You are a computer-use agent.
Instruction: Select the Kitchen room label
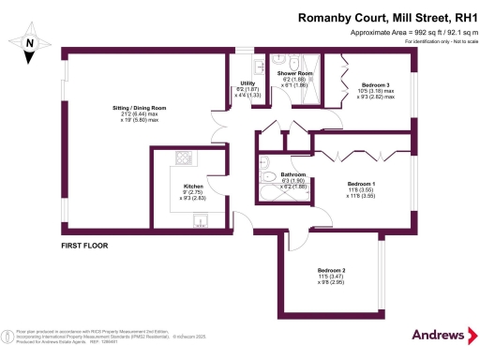tap(194, 187)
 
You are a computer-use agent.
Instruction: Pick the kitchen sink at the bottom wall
tap(200, 220)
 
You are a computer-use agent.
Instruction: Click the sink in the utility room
tap(257, 67)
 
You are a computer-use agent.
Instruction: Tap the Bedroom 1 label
tap(361, 183)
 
